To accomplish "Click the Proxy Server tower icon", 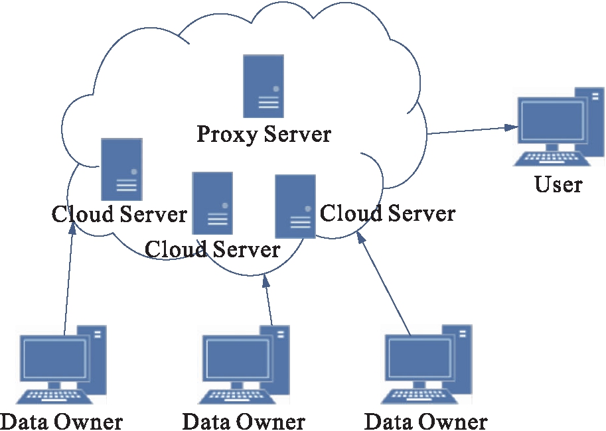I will click(x=264, y=86).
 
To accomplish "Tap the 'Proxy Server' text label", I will click(x=264, y=134).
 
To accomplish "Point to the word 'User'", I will click(x=558, y=184).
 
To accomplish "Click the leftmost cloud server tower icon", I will click(x=121, y=169).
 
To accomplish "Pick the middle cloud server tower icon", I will click(x=212, y=203).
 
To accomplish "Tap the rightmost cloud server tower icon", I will click(x=295, y=206).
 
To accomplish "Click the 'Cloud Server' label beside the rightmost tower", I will click(x=388, y=214).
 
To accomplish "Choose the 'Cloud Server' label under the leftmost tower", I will click(x=119, y=214).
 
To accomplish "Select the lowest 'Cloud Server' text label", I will click(x=212, y=249).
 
